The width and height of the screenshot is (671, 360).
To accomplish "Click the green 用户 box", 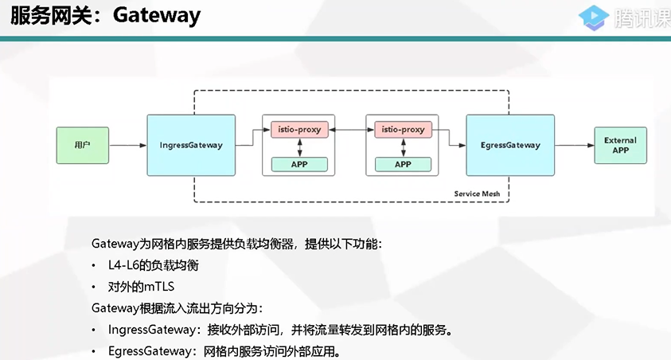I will pyautogui.click(x=82, y=145).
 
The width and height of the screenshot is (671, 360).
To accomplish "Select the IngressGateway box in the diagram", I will pyautogui.click(x=191, y=145).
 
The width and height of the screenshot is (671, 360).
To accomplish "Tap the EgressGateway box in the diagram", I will pyautogui.click(x=510, y=145).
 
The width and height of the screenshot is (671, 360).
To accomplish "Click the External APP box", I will pyautogui.click(x=620, y=145).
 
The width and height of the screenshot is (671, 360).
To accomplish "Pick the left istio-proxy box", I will pyautogui.click(x=299, y=129).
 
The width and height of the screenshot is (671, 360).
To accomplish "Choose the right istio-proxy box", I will pyautogui.click(x=403, y=129).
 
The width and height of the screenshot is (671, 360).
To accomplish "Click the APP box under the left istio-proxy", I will pyautogui.click(x=299, y=164).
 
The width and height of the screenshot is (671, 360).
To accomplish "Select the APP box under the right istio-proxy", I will pyautogui.click(x=403, y=164).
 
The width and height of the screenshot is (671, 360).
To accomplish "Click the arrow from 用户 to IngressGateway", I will pyautogui.click(x=127, y=146).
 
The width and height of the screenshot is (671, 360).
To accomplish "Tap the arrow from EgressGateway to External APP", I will pyautogui.click(x=574, y=146).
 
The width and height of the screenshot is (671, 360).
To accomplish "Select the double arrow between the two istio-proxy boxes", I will pyautogui.click(x=351, y=129).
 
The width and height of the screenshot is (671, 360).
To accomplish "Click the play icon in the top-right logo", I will pyautogui.click(x=588, y=17).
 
